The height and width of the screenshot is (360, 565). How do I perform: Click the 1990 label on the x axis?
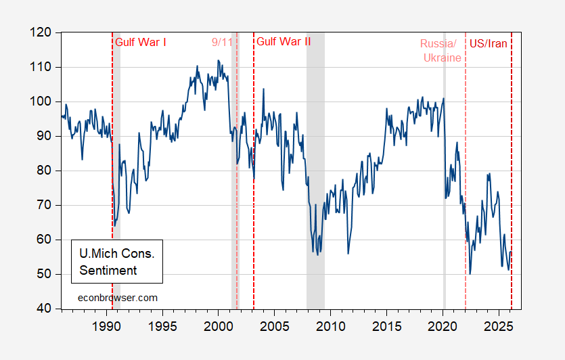(106, 324)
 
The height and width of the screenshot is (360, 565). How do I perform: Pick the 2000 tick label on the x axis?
(218, 324)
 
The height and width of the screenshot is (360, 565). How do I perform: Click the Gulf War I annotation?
(141, 42)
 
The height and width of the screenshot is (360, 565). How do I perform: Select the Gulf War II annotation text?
(284, 42)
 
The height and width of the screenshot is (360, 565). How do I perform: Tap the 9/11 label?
(221, 42)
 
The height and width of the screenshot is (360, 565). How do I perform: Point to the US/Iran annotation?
(488, 43)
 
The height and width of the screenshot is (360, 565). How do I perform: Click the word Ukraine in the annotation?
(442, 58)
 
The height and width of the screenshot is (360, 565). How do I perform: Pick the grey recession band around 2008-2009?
(315, 203)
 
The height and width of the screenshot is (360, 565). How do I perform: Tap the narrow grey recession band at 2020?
(444, 203)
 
